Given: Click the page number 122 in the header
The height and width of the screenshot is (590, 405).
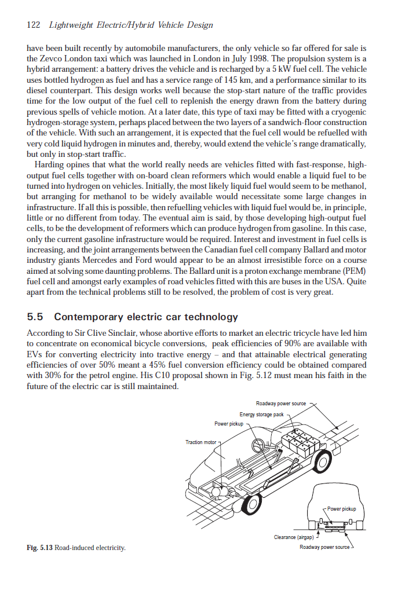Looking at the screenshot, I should pos(34,25).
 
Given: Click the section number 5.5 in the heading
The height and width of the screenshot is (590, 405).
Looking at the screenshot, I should pos(37,317).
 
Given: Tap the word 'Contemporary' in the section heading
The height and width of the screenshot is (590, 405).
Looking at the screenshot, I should pos(87,317).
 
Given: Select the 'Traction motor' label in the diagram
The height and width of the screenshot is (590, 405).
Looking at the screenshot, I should pos(200,442).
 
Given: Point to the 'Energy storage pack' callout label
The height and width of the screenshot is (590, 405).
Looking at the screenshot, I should pos(262,415).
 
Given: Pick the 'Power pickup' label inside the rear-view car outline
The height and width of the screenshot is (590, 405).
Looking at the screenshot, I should pos(341,509).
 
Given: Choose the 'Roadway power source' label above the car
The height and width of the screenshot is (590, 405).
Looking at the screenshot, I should pos(280,404).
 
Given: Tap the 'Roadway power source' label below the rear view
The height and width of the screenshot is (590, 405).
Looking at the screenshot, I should pos(324,547).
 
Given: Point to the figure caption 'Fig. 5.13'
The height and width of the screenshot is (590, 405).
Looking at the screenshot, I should pos(39,547).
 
